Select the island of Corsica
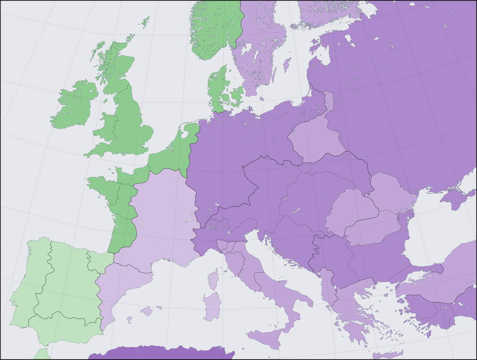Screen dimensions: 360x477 click(213, 279)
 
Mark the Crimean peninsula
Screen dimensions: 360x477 click(453, 198)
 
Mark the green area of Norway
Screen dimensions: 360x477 click(215, 29)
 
